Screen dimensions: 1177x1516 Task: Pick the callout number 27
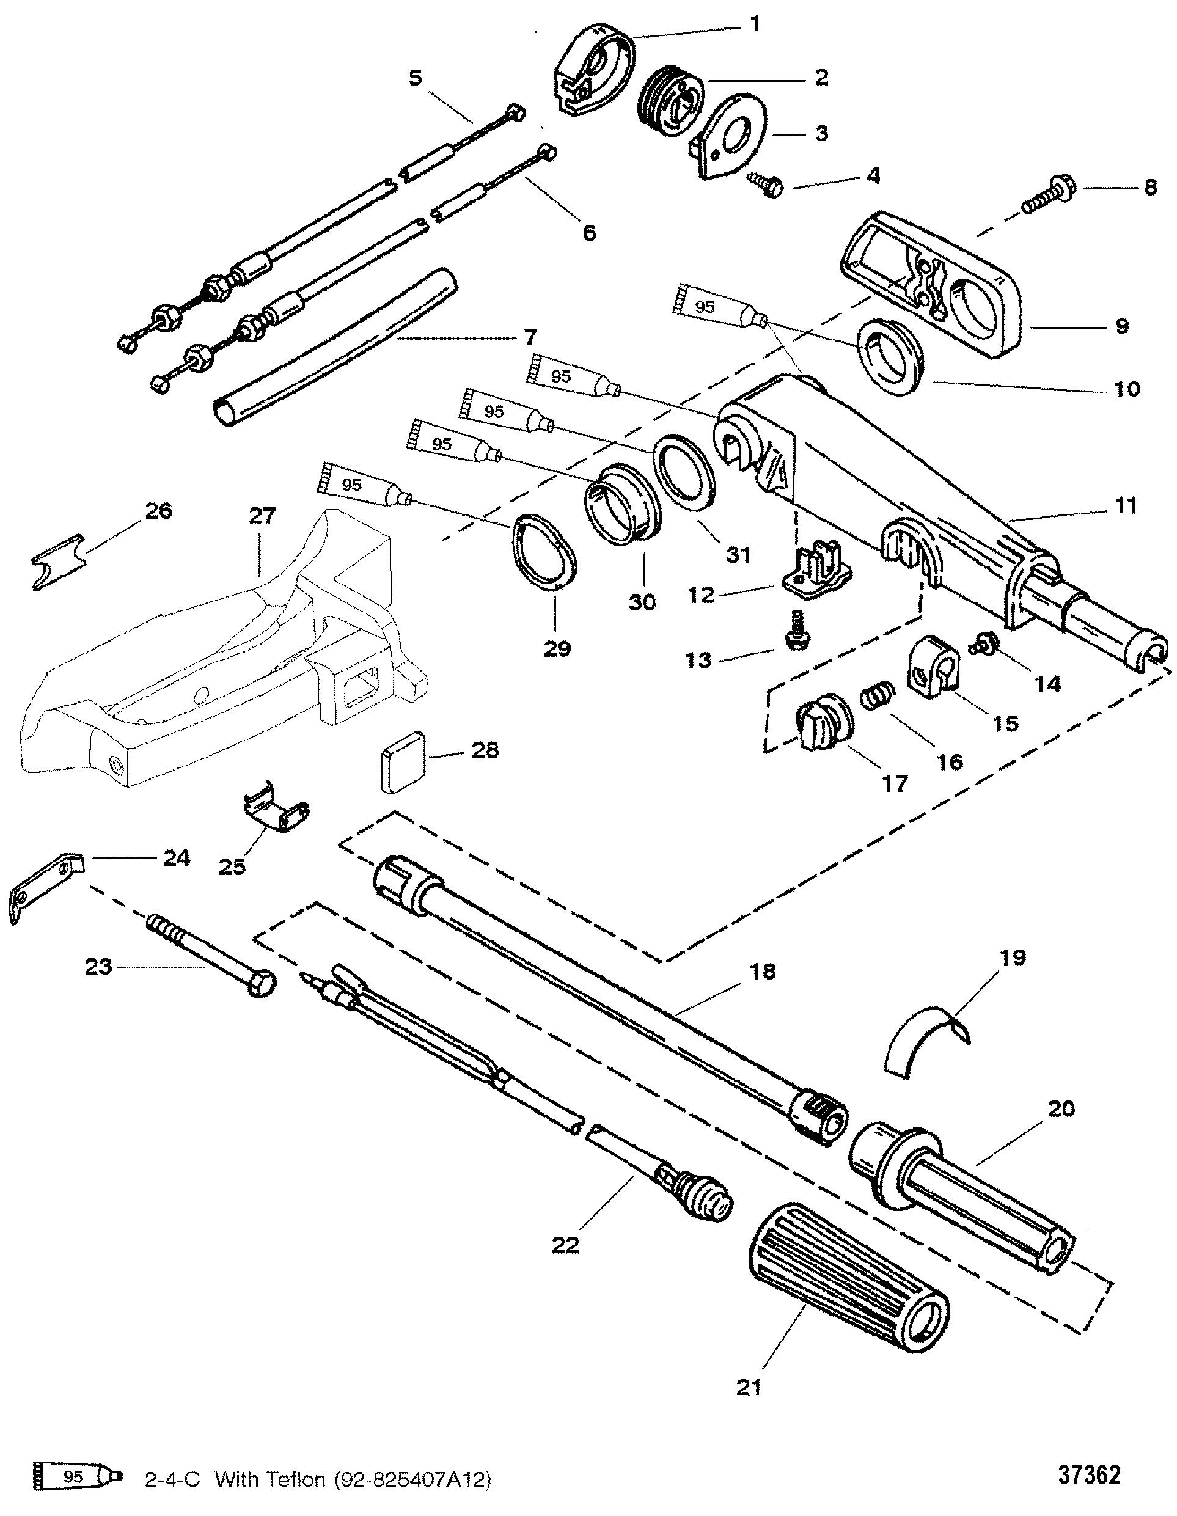(263, 516)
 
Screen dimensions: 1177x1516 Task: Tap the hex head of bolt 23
(261, 985)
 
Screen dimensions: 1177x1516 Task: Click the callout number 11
(1126, 506)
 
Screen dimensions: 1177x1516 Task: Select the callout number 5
(415, 78)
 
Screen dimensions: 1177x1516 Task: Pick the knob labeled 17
(824, 725)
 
